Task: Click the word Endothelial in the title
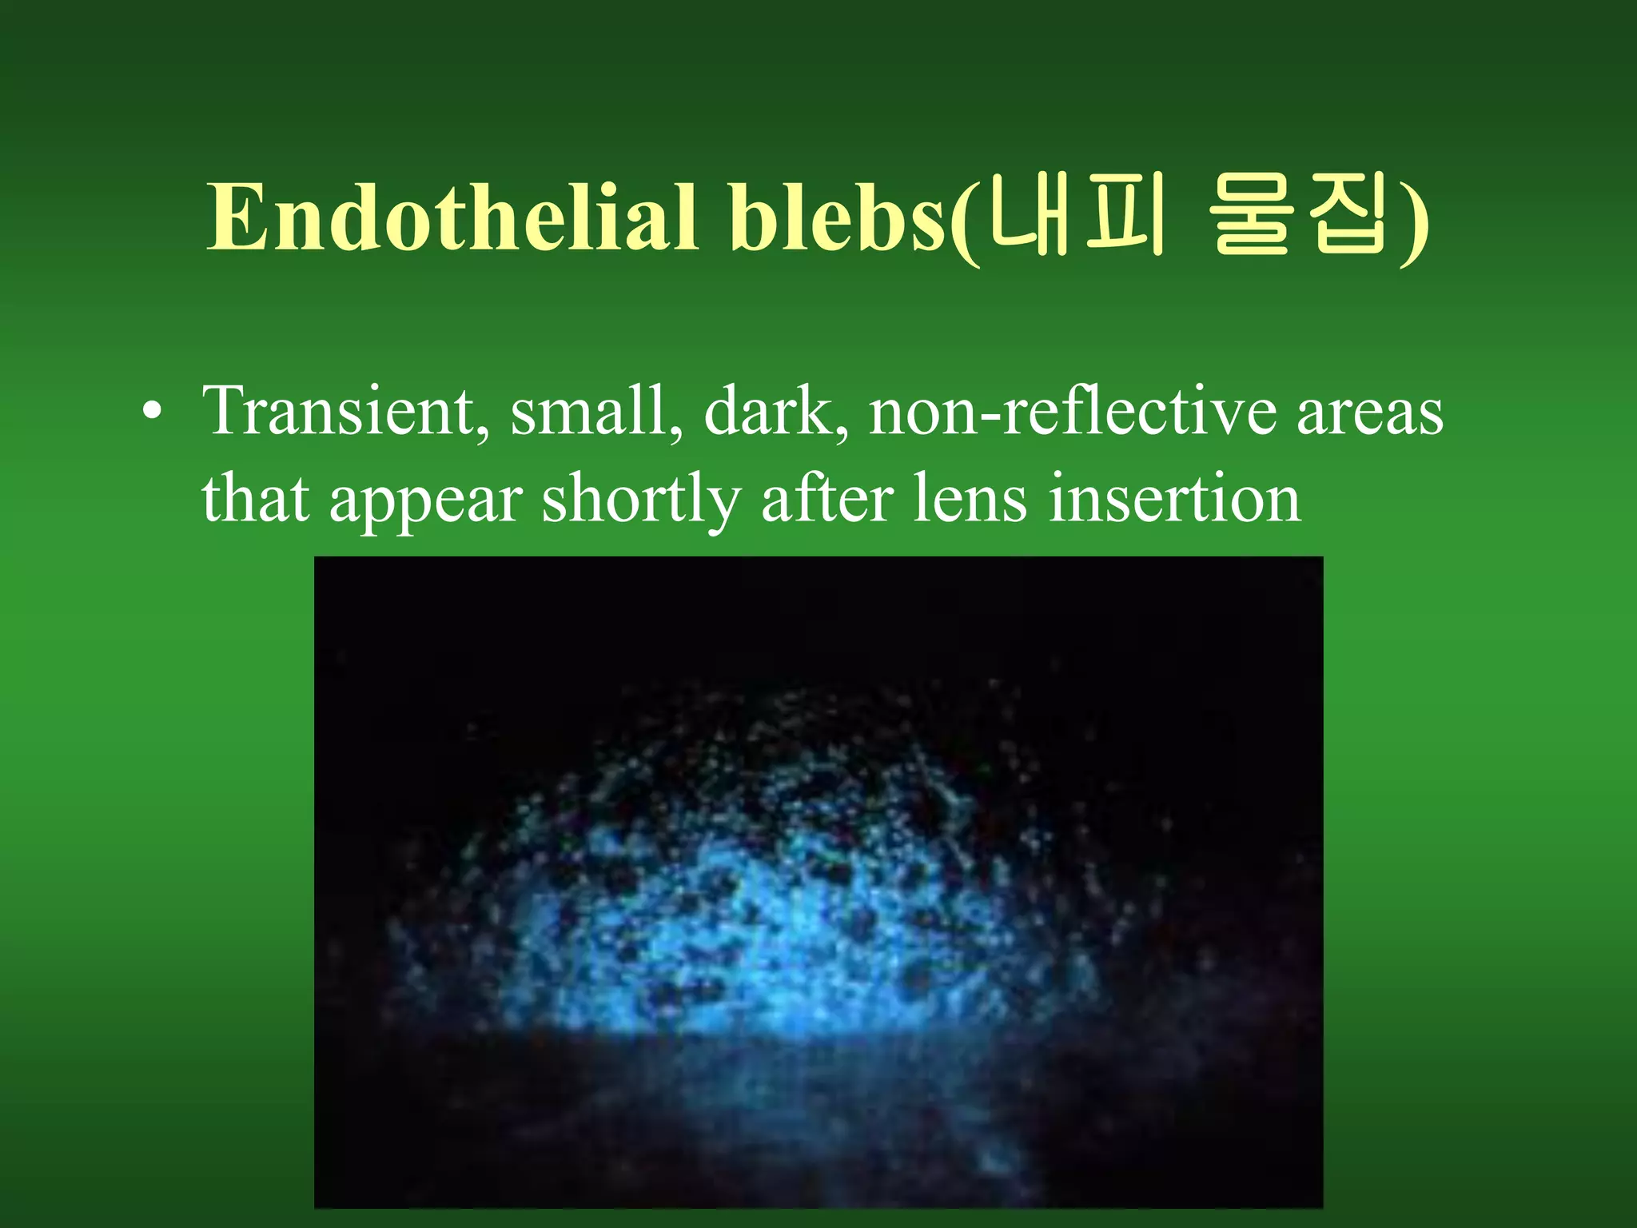pyautogui.click(x=452, y=217)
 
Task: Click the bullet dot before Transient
pyautogui.click(x=151, y=413)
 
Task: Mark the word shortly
pyautogui.click(x=640, y=500)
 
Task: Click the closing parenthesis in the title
pyautogui.click(x=1416, y=224)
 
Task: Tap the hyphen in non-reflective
pyautogui.click(x=989, y=416)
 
